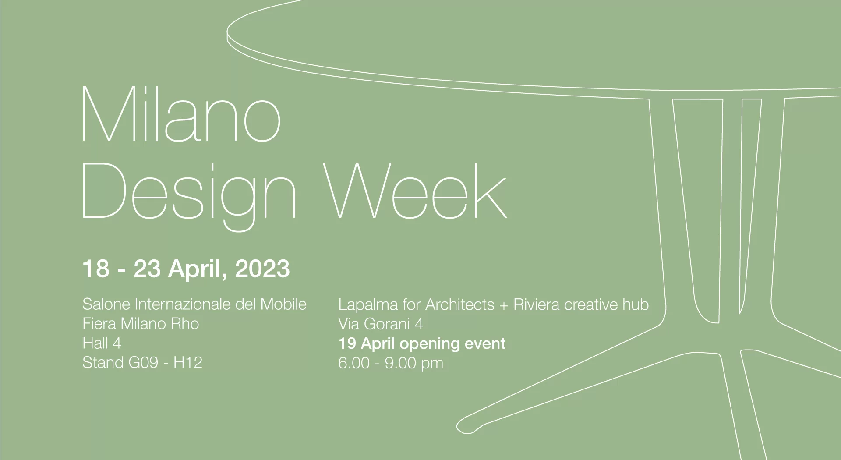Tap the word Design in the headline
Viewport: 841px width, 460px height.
(x=190, y=196)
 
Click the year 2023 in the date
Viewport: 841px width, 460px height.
(x=262, y=269)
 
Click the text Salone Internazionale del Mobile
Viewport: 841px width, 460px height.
(x=194, y=304)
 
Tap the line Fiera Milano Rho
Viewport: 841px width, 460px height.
(x=141, y=324)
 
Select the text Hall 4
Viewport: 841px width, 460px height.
(x=102, y=343)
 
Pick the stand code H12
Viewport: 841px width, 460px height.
(x=188, y=362)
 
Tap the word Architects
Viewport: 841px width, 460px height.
(x=460, y=304)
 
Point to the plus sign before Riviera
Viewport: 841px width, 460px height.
(x=504, y=305)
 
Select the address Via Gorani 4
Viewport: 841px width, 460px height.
(x=381, y=324)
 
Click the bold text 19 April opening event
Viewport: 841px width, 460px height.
(x=422, y=343)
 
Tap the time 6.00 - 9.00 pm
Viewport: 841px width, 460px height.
(x=391, y=363)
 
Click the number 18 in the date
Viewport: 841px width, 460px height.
(x=95, y=269)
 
